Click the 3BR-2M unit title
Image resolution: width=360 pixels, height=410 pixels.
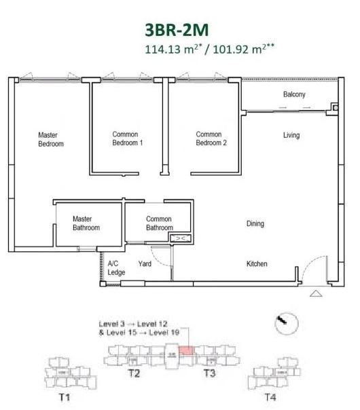click(177, 30)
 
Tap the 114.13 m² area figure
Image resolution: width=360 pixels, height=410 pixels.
click(173, 49)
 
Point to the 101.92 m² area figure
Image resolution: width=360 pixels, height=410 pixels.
click(244, 49)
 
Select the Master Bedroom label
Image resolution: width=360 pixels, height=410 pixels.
click(51, 139)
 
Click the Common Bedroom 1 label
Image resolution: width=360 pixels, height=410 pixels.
click(128, 138)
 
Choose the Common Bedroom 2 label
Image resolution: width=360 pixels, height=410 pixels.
click(211, 138)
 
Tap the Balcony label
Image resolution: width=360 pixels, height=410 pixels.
click(294, 94)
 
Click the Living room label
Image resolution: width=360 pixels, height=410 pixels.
click(291, 135)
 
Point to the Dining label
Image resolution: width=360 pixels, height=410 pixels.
click(255, 223)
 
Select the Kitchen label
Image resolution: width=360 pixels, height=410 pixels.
click(257, 263)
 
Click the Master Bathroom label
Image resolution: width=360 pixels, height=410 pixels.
click(86, 223)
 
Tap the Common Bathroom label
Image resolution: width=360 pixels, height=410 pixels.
click(160, 223)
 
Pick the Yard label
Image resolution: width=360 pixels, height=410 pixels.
click(145, 263)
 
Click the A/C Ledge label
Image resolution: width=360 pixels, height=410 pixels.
click(116, 268)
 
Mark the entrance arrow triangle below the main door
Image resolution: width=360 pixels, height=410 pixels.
click(316, 294)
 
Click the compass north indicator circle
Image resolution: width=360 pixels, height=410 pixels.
click(287, 323)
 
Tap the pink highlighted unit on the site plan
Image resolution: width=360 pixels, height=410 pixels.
click(186, 351)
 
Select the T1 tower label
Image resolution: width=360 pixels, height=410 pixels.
click(65, 398)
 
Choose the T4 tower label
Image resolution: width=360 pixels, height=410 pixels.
click(270, 398)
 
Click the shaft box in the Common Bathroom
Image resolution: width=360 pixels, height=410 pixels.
click(181, 238)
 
